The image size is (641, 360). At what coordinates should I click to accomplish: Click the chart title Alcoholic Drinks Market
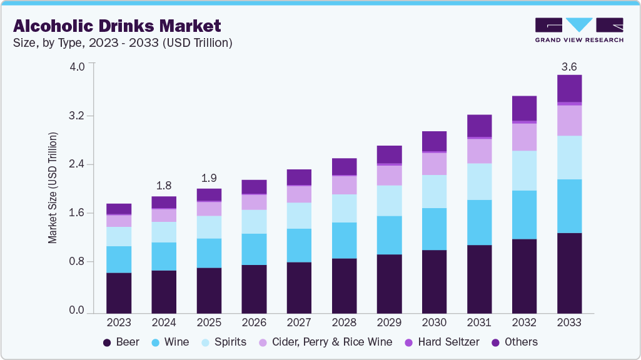[117, 26]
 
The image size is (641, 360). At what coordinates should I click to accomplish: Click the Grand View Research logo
[578, 30]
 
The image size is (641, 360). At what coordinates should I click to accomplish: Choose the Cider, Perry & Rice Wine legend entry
[330, 342]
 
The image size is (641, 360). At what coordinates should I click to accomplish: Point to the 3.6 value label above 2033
[569, 66]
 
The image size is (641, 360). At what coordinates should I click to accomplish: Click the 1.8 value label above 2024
[164, 186]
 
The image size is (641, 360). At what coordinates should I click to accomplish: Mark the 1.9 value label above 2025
[209, 177]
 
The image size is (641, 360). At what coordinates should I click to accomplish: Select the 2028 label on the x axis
[344, 323]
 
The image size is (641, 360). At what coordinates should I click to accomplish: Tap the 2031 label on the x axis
[479, 323]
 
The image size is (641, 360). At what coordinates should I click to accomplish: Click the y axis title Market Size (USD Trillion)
[53, 187]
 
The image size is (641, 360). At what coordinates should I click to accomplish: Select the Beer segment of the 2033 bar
[569, 272]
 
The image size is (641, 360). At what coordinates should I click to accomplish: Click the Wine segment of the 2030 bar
[434, 229]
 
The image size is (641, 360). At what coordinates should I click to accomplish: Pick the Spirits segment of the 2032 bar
[524, 171]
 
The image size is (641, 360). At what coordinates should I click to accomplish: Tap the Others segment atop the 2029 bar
[389, 154]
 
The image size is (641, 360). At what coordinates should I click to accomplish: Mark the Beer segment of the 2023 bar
[119, 292]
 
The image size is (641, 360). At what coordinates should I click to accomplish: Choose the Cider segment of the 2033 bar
[569, 120]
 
